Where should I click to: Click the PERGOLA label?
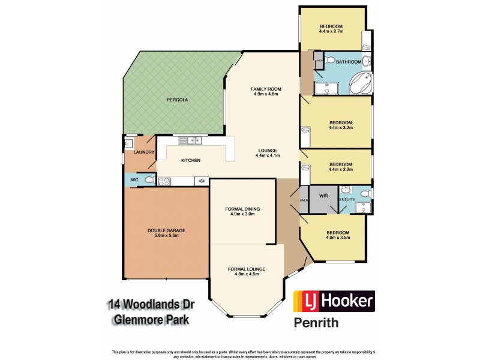(178, 100)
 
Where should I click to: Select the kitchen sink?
(193, 141)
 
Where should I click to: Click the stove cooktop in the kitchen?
(165, 179)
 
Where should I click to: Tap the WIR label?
(323, 196)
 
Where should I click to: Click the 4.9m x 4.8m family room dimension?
(266, 95)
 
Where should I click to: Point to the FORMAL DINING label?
(242, 209)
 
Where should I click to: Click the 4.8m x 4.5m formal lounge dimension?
(246, 276)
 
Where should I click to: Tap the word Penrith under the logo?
(316, 323)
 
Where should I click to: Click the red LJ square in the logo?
(304, 301)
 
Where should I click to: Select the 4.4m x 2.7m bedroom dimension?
(331, 32)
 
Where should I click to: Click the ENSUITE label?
(347, 199)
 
